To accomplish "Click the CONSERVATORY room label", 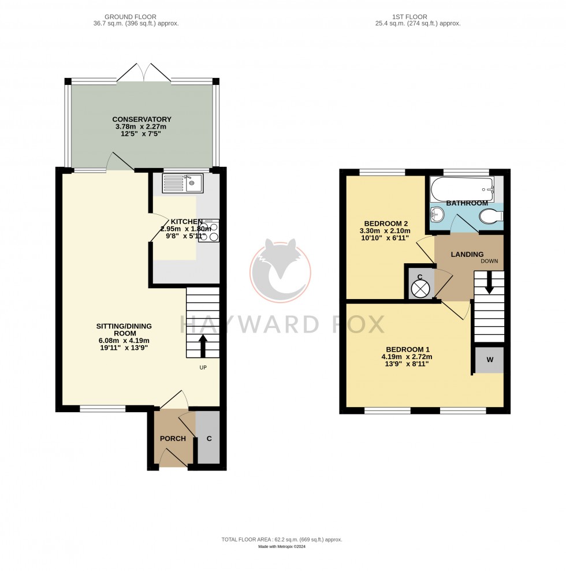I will coord(141,120).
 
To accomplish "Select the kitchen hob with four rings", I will coord(208,230).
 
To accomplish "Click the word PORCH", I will coord(173,439).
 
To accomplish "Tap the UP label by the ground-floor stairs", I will coord(203,367).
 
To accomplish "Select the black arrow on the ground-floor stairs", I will coord(203,345).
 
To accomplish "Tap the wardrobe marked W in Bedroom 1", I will coord(489,360).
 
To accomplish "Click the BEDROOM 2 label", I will coord(386,223).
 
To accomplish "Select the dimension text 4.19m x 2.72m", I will coord(407,357).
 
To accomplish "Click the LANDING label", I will coord(467,254).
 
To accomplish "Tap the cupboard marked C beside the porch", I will coord(208,439).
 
